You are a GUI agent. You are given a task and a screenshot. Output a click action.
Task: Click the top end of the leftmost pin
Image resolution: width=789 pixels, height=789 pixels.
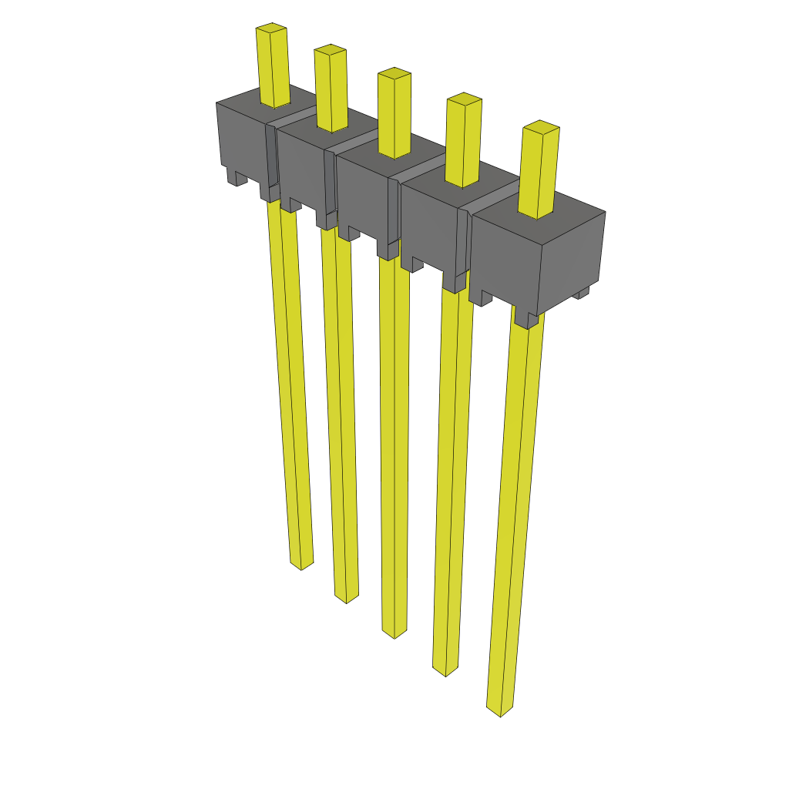[271, 29]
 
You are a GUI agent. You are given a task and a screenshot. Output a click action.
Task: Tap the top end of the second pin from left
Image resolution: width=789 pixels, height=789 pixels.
[329, 51]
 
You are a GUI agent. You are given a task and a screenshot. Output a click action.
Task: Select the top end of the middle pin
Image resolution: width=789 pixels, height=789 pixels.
[394, 74]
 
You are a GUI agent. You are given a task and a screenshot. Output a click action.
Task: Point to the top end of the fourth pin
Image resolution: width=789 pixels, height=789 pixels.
[464, 99]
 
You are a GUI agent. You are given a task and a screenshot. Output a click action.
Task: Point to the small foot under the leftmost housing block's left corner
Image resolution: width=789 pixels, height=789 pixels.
[237, 177]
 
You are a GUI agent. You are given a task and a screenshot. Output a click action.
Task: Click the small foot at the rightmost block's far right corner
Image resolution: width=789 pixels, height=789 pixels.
[583, 293]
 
